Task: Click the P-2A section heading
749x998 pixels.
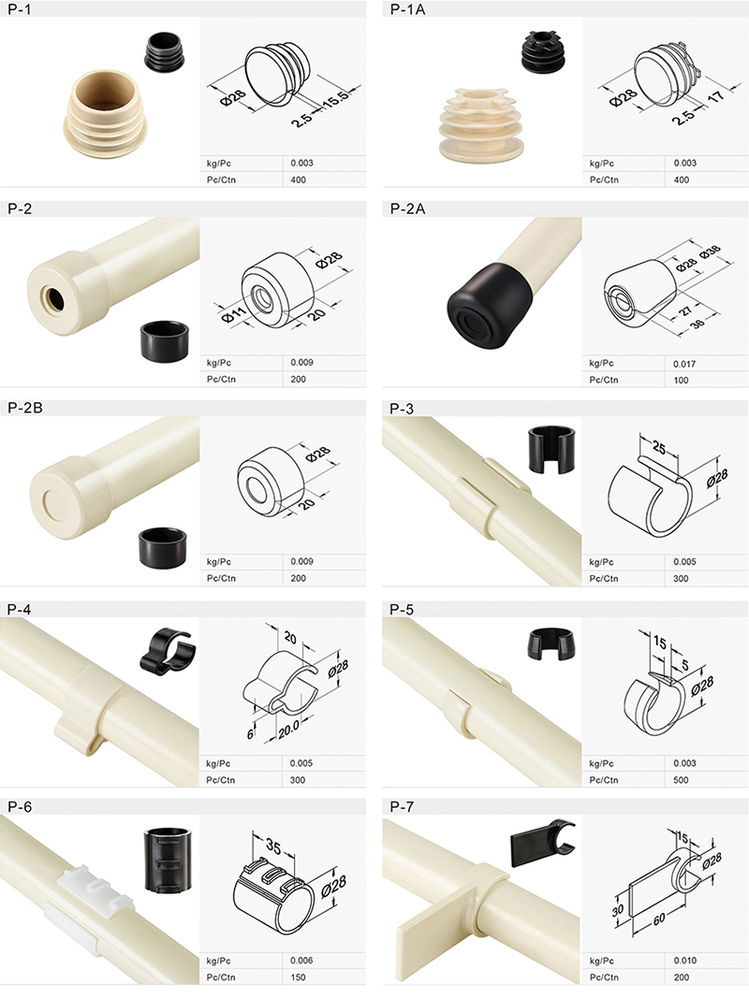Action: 407,209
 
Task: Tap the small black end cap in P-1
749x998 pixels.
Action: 165,52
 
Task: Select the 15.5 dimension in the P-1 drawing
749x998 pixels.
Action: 335,99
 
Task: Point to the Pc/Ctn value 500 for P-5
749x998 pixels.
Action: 681,780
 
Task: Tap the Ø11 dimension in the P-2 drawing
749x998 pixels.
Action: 234,313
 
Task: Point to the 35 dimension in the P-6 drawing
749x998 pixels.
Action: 273,846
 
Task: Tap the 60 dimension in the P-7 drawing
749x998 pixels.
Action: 658,918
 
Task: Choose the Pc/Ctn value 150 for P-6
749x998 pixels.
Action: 298,977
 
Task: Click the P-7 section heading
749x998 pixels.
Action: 402,807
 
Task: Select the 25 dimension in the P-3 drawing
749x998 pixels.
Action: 659,449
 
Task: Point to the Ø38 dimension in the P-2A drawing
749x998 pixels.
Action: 710,252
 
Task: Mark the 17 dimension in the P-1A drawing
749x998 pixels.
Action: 716,96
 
